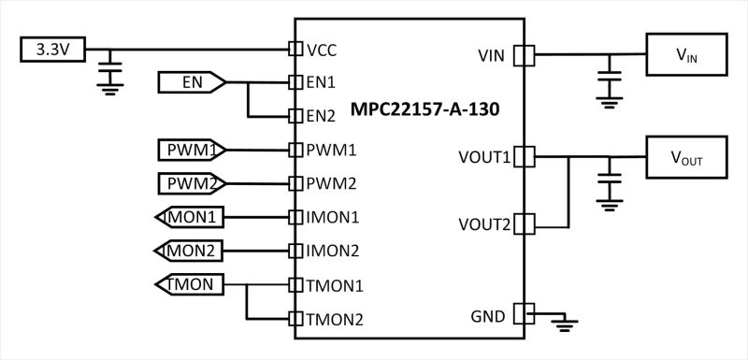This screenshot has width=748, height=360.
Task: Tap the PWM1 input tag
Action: click(x=192, y=150)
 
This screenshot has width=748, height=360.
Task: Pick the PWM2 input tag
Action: click(x=192, y=182)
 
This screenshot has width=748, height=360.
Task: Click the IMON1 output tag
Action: click(x=190, y=217)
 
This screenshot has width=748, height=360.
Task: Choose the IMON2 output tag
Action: click(x=190, y=251)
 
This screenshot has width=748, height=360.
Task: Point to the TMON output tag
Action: click(x=190, y=284)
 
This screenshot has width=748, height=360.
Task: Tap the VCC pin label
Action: click(x=323, y=49)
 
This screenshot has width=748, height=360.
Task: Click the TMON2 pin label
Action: click(x=334, y=319)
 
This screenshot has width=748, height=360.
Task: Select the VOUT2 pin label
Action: click(x=484, y=224)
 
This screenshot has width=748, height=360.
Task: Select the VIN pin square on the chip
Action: click(x=525, y=56)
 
